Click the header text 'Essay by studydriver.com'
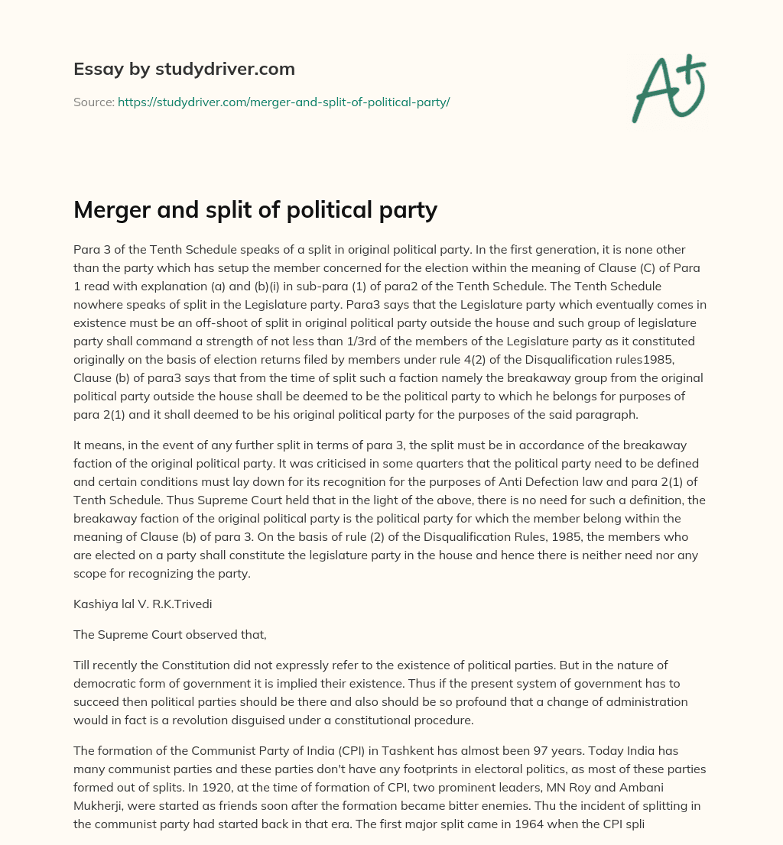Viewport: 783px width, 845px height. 184,69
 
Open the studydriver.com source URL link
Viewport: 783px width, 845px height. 283,102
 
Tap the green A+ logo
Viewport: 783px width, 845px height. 668,88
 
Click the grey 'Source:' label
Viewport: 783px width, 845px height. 93,102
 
